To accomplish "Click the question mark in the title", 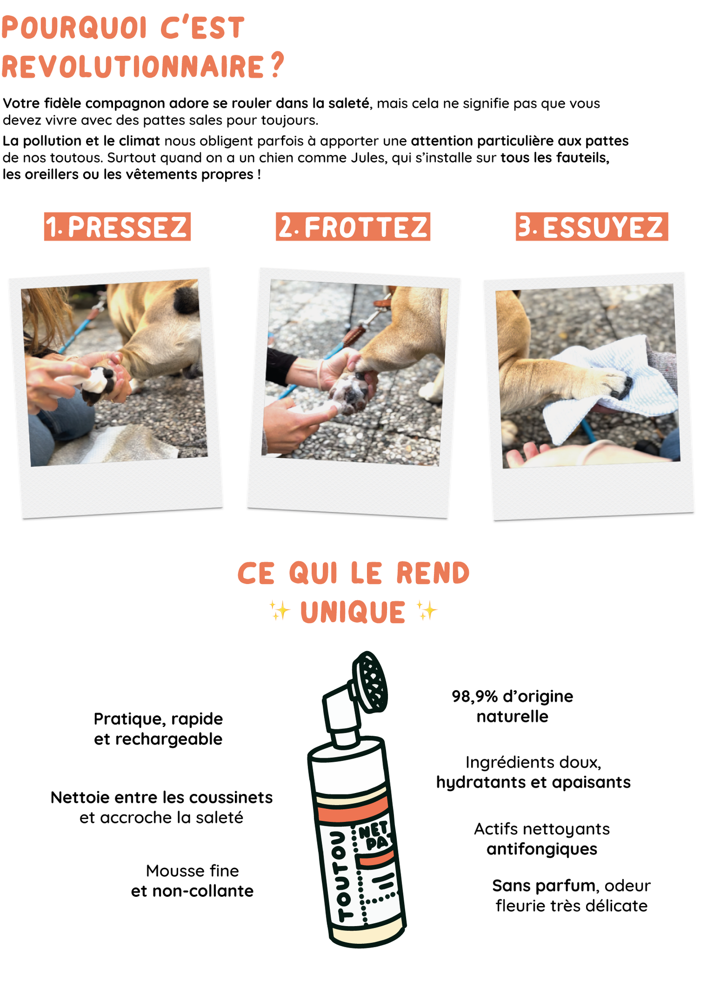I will tap(277, 65).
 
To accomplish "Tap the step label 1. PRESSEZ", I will tap(117, 227).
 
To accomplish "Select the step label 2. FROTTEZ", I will tap(353, 227).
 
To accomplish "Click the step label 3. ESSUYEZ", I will tap(592, 227).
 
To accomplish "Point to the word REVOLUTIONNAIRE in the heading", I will tap(133, 67).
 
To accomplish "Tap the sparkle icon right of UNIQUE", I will tap(427, 611).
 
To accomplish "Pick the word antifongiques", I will tap(542, 849).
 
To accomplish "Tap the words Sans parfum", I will tap(544, 886).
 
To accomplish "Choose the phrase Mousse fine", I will tap(192, 871).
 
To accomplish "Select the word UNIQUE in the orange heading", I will tap(353, 612).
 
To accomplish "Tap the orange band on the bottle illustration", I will tap(353, 813).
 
